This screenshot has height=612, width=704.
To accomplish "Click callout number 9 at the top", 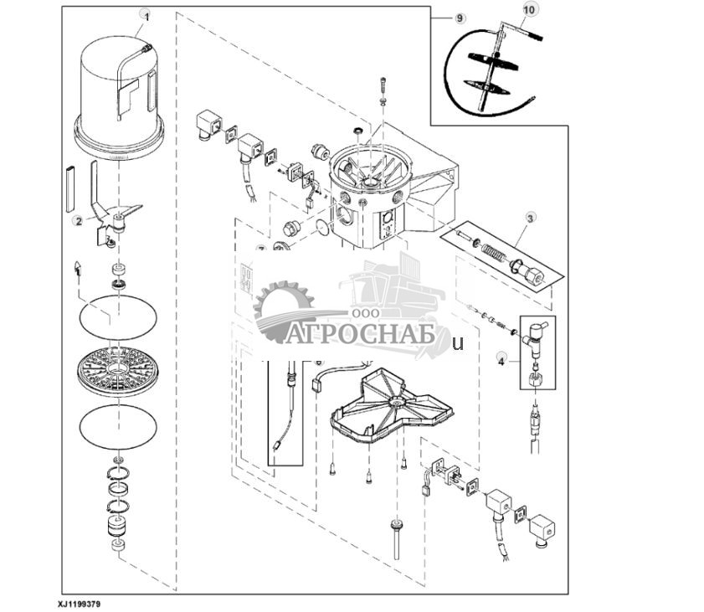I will pyautogui.click(x=460, y=18).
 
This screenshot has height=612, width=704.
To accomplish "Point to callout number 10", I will pyautogui.click(x=527, y=9).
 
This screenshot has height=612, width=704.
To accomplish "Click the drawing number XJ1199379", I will pyautogui.click(x=85, y=602).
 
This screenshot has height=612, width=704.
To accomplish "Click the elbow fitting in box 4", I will pyautogui.click(x=533, y=332).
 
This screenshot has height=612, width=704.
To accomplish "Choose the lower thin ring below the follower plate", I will pyautogui.click(x=117, y=426).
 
